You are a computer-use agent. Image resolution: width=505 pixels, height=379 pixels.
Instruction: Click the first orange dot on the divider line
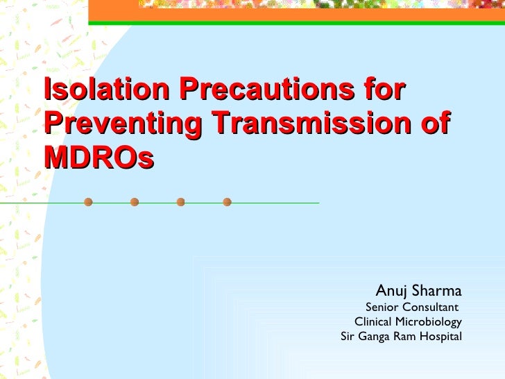[88, 203]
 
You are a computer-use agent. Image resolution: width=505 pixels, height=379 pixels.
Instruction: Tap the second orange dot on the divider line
[135, 203]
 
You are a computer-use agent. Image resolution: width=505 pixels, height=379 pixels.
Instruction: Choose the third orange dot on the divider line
[180, 203]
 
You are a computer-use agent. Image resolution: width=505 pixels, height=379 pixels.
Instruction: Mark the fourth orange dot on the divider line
[227, 203]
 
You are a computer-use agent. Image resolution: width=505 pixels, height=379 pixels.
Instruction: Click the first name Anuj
[391, 289]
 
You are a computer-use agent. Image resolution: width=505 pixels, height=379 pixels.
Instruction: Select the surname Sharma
[436, 289]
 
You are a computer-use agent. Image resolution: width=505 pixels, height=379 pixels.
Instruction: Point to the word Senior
[382, 307]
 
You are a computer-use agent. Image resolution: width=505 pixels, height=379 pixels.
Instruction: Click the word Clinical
[373, 322]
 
